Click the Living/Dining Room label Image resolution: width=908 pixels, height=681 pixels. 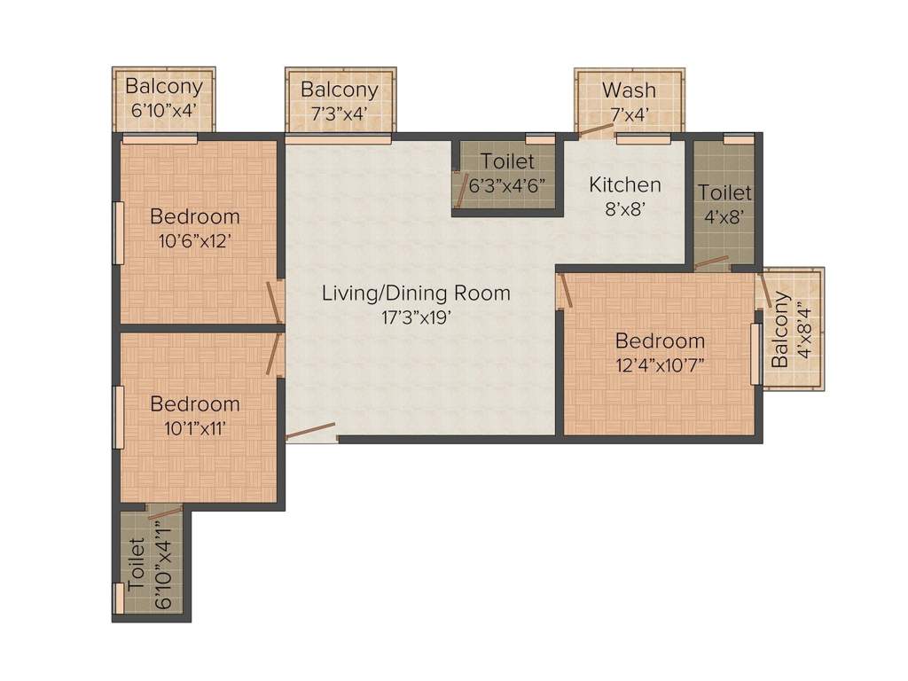coord(416,293)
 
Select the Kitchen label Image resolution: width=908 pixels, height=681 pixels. coord(625,185)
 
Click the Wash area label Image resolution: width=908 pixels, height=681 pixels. coord(629,90)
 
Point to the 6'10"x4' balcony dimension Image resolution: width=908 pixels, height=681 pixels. coord(162,113)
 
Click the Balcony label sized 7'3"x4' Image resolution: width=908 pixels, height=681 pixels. coord(339,90)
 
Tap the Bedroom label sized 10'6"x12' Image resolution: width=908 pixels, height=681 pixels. coord(194,216)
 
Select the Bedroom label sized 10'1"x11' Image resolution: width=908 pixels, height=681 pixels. coord(194,404)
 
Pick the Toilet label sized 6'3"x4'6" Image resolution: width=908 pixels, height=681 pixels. coord(507,161)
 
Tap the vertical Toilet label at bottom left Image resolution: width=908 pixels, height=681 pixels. coord(136,564)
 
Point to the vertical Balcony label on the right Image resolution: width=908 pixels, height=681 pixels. coord(779,330)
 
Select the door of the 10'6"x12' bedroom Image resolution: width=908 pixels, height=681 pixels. coord(276,302)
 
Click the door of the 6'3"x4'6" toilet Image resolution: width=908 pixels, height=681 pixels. coord(461,191)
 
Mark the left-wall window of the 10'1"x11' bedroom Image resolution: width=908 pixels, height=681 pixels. coord(117,417)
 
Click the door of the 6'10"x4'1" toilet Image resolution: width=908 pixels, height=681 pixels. coord(165,512)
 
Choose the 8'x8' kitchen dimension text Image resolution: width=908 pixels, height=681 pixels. coord(625,209)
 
